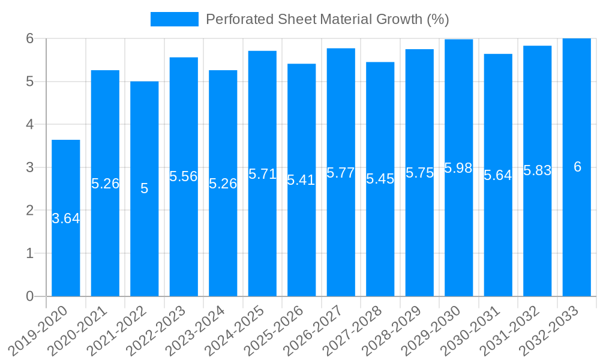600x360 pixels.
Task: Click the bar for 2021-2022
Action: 145,240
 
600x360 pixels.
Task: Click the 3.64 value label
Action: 66,219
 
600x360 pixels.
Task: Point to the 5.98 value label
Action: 458,168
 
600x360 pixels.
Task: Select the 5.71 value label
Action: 262,175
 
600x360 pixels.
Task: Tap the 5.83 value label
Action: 538,170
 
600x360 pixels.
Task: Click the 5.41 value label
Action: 301,180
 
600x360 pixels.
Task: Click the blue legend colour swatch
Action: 174,19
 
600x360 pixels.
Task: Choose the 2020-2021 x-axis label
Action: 77,331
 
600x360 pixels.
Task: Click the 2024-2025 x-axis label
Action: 235,331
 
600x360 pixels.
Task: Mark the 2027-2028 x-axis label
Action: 353,331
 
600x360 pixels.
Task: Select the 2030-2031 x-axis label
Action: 470,331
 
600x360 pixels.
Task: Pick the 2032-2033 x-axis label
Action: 549,331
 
